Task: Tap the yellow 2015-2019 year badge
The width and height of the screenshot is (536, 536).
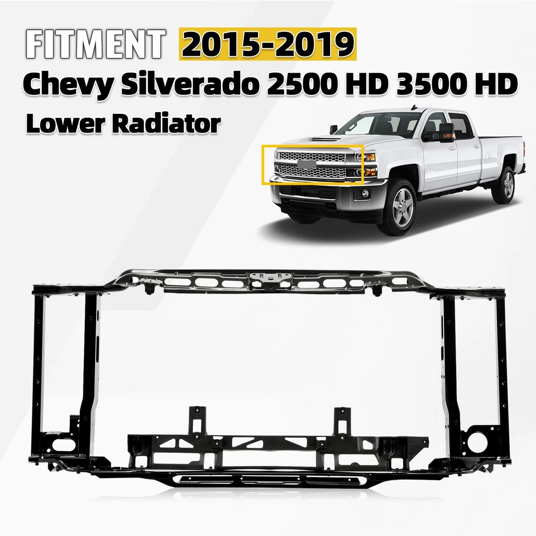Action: tap(267, 44)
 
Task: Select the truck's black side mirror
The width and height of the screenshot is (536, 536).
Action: tap(439, 135)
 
